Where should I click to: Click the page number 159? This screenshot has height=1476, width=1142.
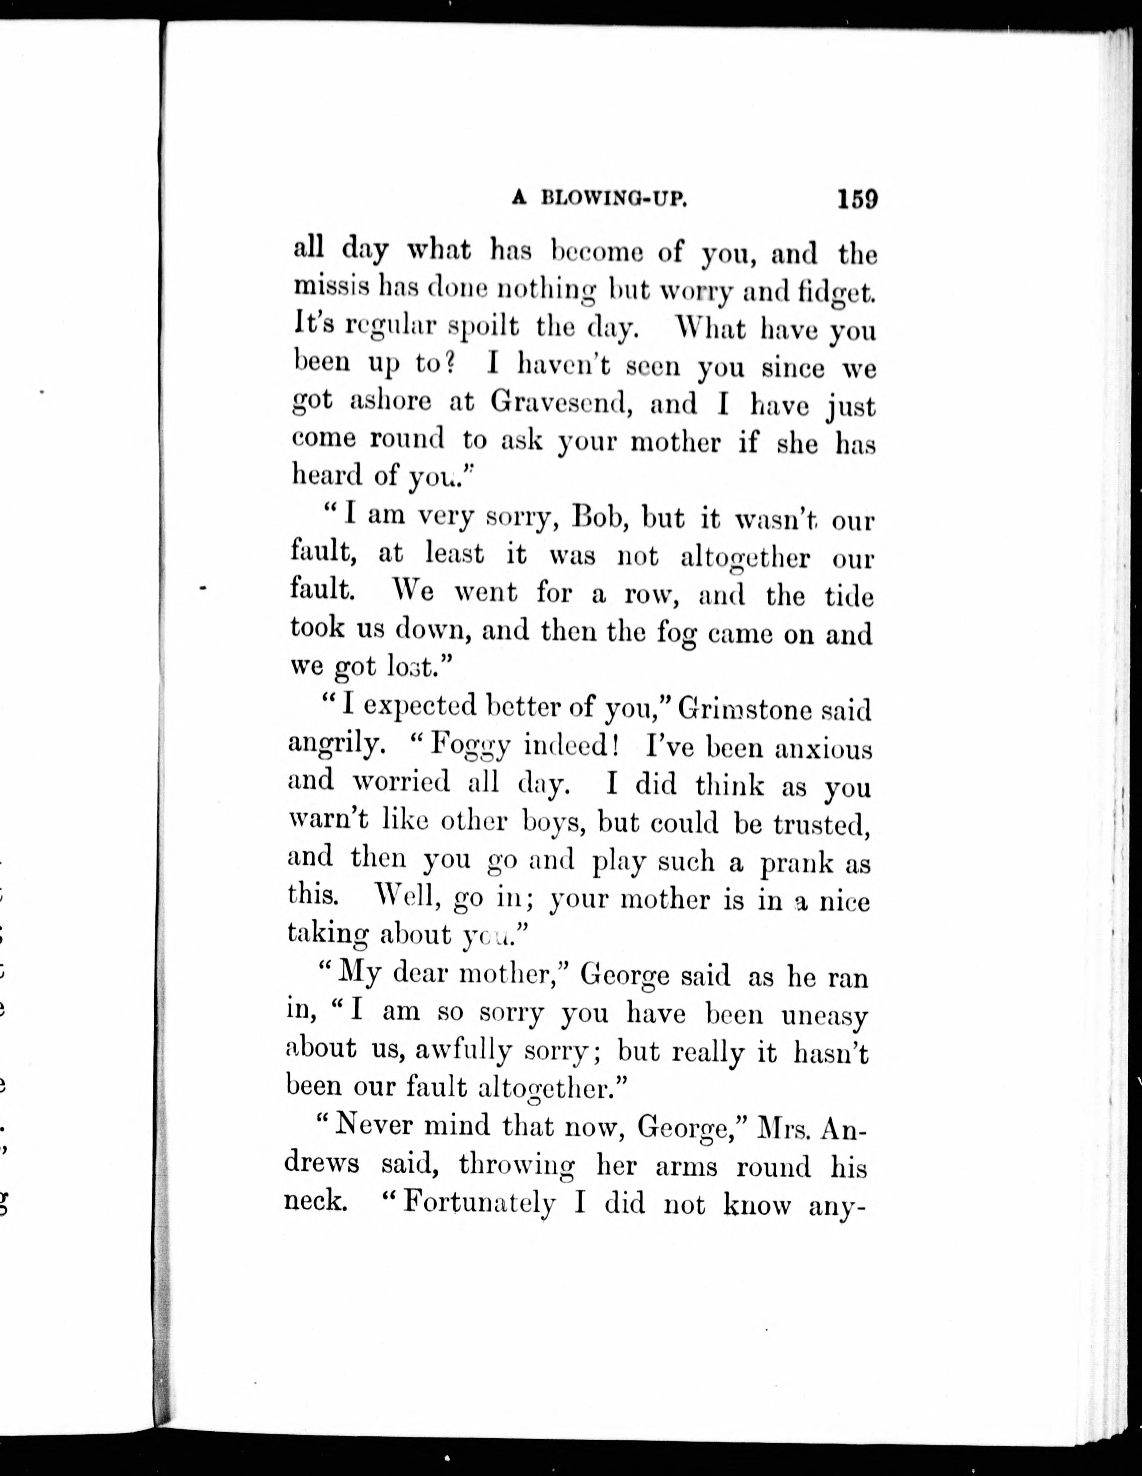click(x=857, y=200)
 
